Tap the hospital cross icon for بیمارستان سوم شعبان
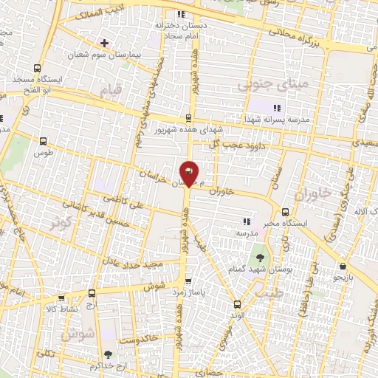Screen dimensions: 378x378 point(104,42)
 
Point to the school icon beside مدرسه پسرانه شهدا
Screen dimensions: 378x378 point(277,108)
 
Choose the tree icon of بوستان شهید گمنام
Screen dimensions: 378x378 point(260,257)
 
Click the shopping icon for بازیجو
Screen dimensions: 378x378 point(343,267)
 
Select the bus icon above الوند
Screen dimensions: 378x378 point(236,303)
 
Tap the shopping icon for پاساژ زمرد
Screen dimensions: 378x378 point(188,281)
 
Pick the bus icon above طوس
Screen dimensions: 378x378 point(41,140)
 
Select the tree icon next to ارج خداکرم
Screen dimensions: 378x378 point(109,355)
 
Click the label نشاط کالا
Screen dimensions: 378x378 point(61,309)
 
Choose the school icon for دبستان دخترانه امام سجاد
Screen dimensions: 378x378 point(181,14)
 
